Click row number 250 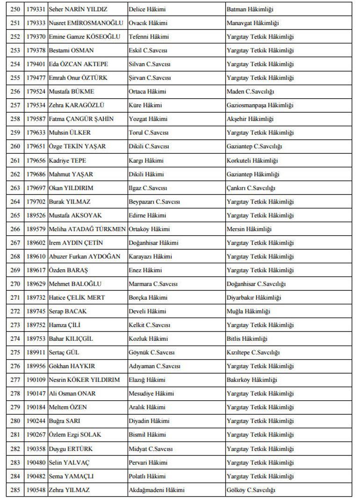pos(15,9)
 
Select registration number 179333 pos(36,23)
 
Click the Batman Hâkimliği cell pos(250,9)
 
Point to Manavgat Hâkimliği pos(253,23)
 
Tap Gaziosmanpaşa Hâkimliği pos(260,106)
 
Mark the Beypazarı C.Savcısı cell pos(154,202)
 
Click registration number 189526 pos(36,216)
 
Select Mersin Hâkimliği pos(249,229)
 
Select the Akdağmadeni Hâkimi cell pos(157,490)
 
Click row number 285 pos(15,490)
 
